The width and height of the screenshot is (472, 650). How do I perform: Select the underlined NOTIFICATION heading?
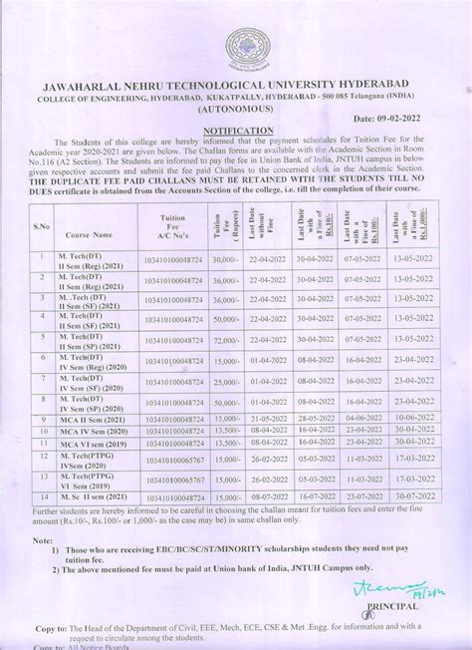[x=235, y=131]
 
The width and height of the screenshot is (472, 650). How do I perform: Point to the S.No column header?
[x=43, y=228]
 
